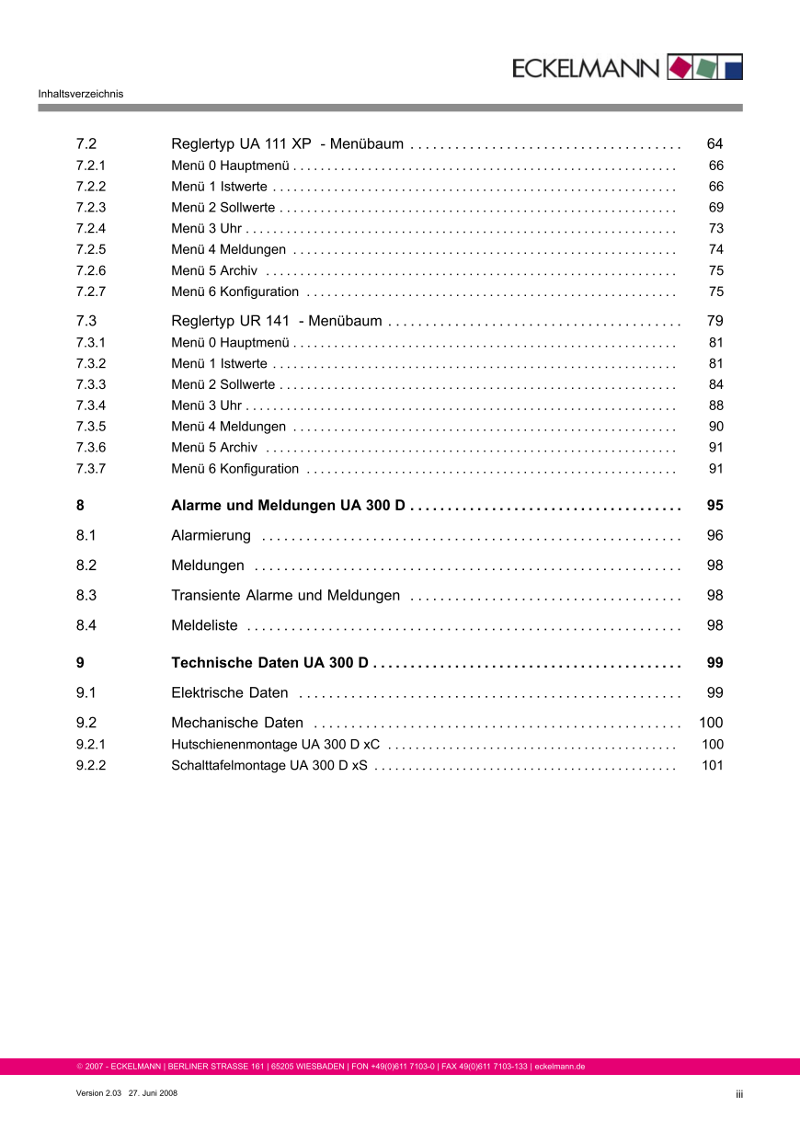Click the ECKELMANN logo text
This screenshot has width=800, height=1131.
click(x=586, y=68)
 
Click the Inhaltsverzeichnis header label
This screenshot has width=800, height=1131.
click(x=81, y=94)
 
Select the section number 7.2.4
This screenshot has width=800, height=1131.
click(x=91, y=228)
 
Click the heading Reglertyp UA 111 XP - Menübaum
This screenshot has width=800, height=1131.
click(x=287, y=144)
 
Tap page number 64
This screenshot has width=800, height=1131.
click(x=714, y=144)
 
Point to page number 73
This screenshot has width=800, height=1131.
click(x=716, y=228)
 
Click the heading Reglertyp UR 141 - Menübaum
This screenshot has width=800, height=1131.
click(x=276, y=322)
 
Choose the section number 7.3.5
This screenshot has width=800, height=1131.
click(x=91, y=427)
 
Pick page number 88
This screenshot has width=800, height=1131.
click(x=716, y=406)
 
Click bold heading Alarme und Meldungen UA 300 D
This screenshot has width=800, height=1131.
click(x=289, y=507)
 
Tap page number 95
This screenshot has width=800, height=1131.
click(x=714, y=507)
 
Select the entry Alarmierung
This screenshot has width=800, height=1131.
click(x=211, y=536)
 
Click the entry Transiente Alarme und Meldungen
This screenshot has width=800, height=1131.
click(x=285, y=596)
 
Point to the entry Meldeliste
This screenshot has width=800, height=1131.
click(x=204, y=626)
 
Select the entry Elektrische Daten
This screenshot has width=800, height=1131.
click(x=229, y=693)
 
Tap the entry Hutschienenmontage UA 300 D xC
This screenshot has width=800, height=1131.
click(x=275, y=745)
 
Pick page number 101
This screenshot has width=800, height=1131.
click(x=713, y=766)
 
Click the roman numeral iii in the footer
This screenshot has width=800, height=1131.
click(x=738, y=1094)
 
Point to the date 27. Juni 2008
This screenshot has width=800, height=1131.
click(x=153, y=1093)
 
